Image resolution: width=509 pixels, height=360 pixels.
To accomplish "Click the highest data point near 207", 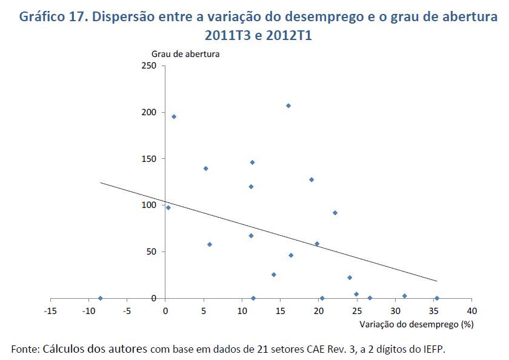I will pyautogui.click(x=288, y=105).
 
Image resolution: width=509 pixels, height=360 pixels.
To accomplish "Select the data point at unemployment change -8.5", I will pyautogui.click(x=100, y=298).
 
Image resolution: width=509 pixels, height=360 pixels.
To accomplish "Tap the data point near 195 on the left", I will pyautogui.click(x=174, y=116).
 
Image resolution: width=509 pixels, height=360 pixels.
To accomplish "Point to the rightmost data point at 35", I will pyautogui.click(x=436, y=298).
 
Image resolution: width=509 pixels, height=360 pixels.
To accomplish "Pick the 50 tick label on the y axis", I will pyautogui.click(x=151, y=252).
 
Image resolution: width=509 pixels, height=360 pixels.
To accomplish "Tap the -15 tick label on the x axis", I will pyautogui.click(x=50, y=311).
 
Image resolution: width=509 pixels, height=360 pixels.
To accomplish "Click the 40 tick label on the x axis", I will pyautogui.click(x=472, y=311).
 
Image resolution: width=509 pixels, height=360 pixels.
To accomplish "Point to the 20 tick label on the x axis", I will pyautogui.click(x=319, y=311).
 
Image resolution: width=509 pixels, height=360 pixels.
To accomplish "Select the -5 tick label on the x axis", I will pyautogui.click(x=127, y=311).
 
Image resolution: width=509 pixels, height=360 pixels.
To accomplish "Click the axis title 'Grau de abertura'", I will pyautogui.click(x=185, y=53).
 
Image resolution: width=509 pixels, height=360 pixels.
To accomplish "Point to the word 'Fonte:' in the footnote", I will pyautogui.click(x=25, y=349).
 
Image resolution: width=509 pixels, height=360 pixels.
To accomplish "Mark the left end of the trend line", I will pyautogui.click(x=101, y=182).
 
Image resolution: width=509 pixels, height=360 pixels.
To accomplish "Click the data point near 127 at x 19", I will pyautogui.click(x=311, y=179).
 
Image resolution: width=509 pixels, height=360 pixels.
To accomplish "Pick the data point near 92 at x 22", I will pyautogui.click(x=334, y=213).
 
